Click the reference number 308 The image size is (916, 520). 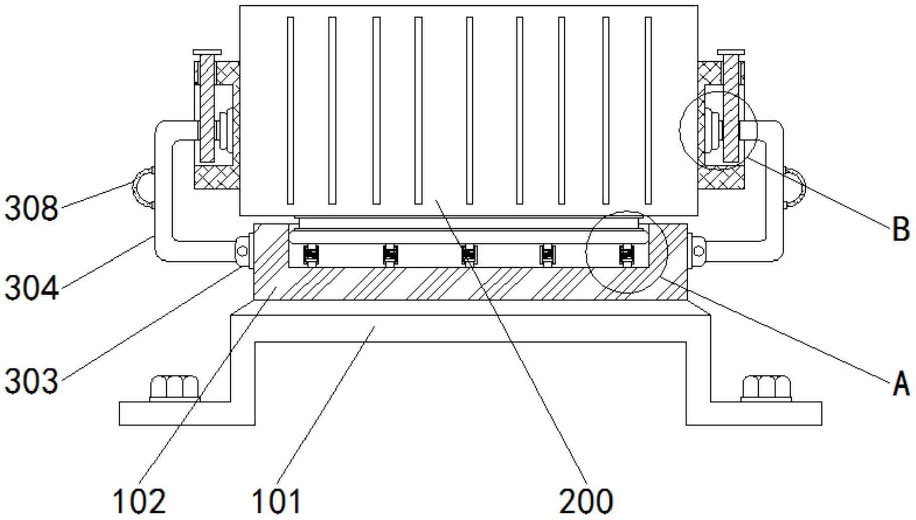click(31, 208)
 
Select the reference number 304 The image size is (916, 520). click(31, 289)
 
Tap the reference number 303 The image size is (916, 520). click(31, 381)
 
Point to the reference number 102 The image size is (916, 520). click(138, 501)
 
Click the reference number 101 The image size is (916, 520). click(276, 501)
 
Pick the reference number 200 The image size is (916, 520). click(585, 501)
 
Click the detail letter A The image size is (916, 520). click(901, 384)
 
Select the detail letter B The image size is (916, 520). click(901, 229)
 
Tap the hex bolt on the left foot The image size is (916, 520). click(174, 387)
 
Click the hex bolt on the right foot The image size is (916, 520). click(766, 387)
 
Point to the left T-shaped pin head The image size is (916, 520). click(207, 52)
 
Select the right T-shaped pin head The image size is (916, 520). click(731, 52)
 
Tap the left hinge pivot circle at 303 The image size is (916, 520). click(242, 251)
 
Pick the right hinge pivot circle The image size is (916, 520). click(699, 250)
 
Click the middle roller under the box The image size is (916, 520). click(469, 255)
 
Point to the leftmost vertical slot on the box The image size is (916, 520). click(290, 110)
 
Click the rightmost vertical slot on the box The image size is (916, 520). click(648, 110)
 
